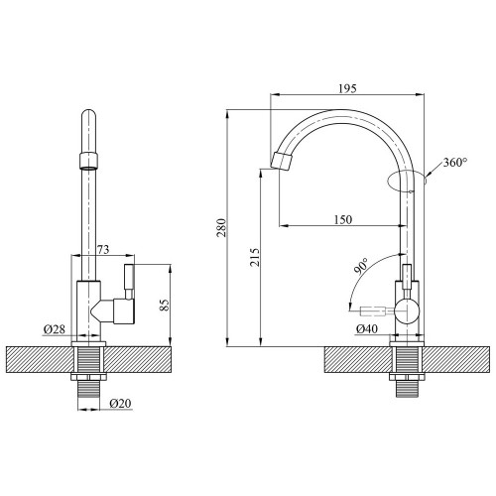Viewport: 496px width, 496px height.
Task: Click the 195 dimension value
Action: point(347,88)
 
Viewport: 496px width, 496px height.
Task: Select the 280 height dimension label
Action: point(221,227)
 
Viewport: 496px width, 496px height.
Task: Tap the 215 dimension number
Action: point(255,257)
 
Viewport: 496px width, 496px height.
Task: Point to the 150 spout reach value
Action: point(343,219)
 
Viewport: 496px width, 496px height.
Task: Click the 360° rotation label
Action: point(455,162)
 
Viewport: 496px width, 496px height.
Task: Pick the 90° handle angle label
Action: point(361,266)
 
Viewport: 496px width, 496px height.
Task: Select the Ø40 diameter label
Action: point(367,329)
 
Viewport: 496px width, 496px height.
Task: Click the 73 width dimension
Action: point(103,249)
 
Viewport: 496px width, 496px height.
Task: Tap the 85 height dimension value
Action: point(165,305)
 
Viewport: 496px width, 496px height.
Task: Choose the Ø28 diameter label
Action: point(55,329)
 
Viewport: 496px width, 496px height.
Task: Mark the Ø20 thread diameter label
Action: point(120,404)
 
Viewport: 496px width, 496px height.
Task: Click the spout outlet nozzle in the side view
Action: point(282,162)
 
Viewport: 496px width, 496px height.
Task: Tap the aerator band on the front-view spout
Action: point(89,161)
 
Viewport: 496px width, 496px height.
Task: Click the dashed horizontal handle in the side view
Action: point(372,310)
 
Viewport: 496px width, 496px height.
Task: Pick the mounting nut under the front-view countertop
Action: point(89,377)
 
